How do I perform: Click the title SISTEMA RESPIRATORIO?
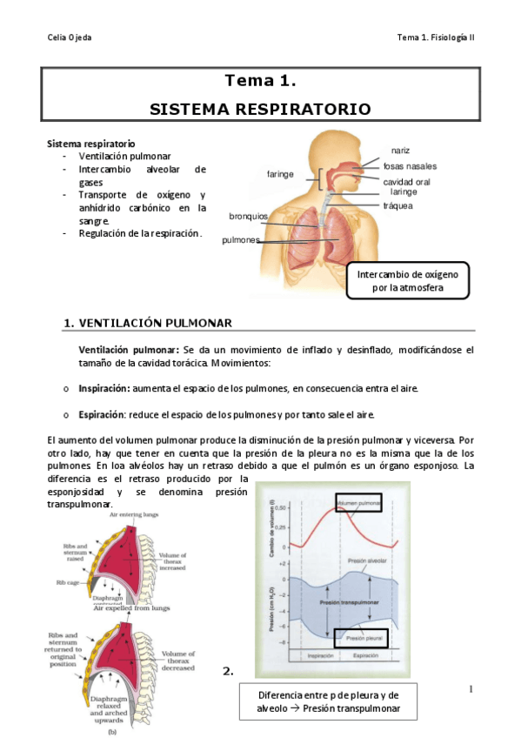pos(260,109)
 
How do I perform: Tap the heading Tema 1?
pos(261,82)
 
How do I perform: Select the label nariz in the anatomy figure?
pos(400,151)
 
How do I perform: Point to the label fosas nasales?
pos(410,165)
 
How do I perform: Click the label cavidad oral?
pos(407,182)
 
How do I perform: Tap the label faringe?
pos(280,174)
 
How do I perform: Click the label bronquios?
pos(248,216)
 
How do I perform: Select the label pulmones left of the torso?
pos(240,239)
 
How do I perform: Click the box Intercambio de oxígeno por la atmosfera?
pos(407,280)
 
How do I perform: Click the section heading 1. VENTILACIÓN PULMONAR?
pos(148,323)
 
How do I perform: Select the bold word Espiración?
pos(103,414)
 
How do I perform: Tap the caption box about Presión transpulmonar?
pos(328,701)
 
